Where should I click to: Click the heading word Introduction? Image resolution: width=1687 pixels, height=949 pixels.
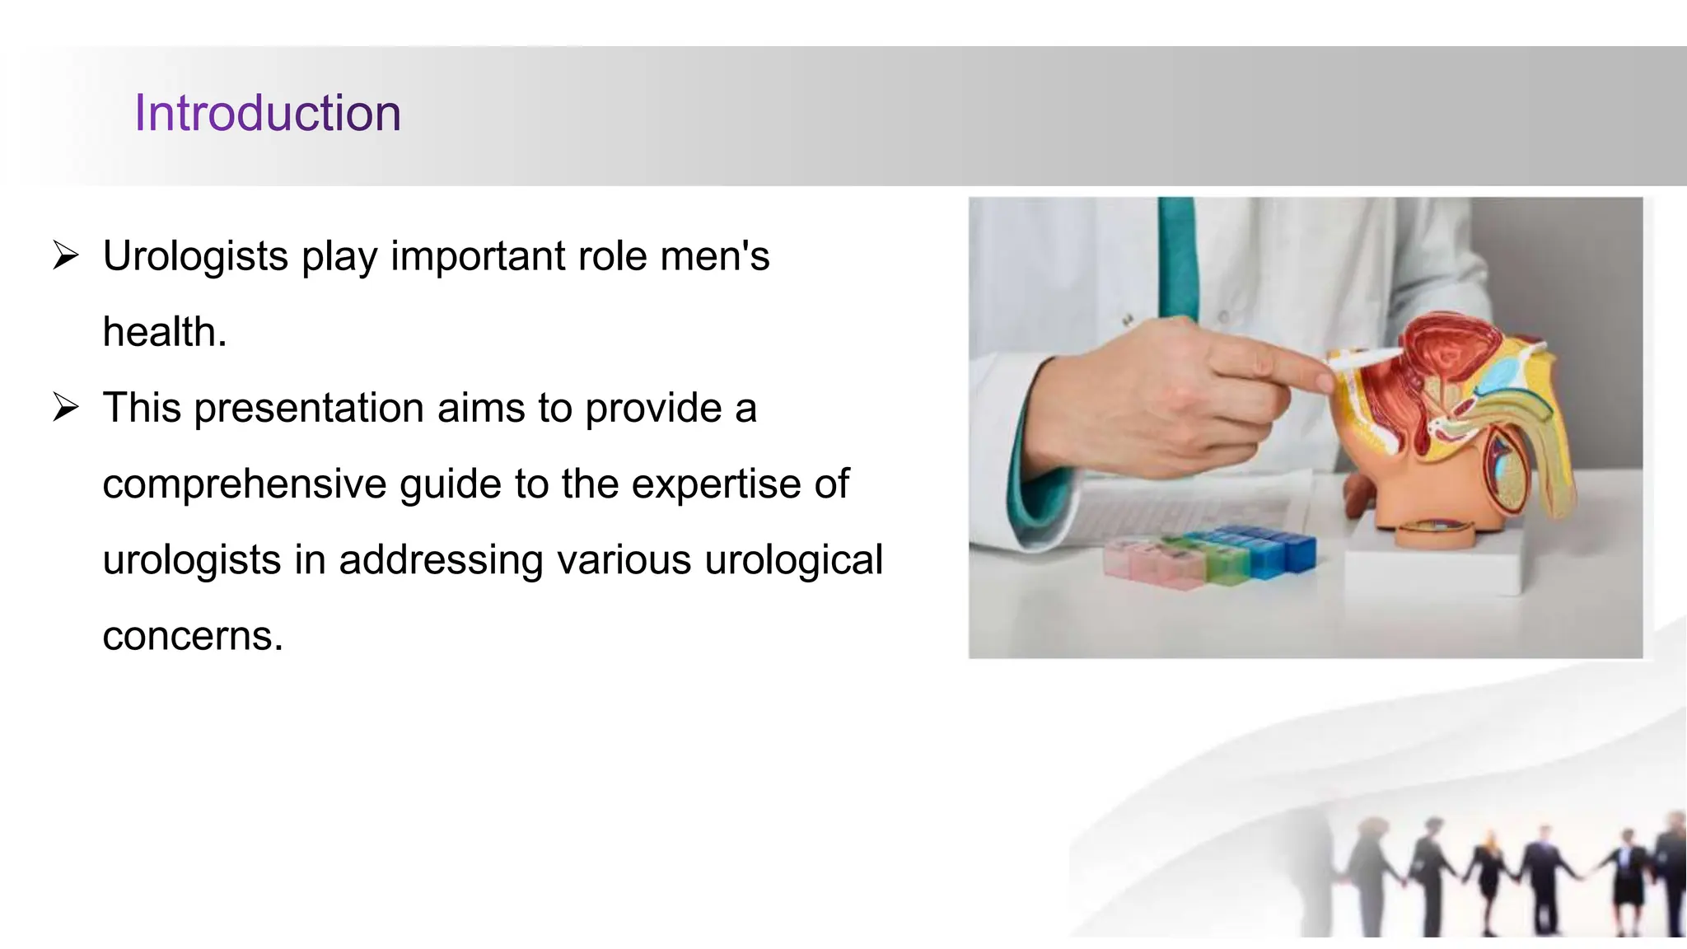(268, 113)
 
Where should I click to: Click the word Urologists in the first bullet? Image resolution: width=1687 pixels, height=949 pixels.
(195, 256)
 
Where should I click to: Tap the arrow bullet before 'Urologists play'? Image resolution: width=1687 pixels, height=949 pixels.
(65, 255)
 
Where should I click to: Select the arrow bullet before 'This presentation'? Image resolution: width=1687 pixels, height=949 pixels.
(65, 407)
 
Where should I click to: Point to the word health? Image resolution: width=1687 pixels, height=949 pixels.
(164, 332)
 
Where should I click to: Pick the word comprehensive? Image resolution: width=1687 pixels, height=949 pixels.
(244, 484)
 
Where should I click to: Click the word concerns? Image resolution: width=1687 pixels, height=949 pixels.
(192, 636)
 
